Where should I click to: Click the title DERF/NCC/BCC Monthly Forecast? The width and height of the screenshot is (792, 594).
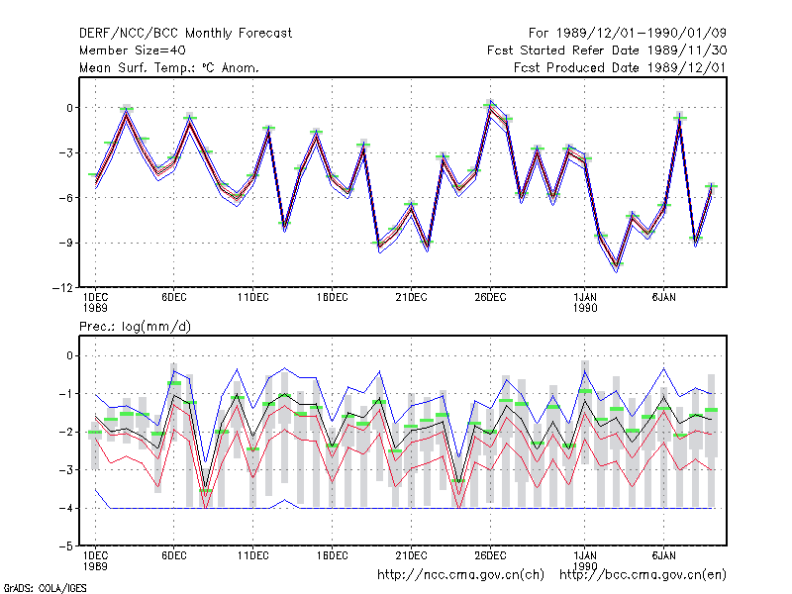tap(185, 34)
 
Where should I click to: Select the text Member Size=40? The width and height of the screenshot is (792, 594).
tap(133, 50)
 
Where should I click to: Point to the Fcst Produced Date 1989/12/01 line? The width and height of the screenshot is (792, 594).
tap(620, 67)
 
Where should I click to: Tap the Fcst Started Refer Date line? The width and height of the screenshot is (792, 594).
tap(607, 50)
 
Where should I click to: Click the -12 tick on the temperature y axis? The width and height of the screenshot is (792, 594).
tap(62, 288)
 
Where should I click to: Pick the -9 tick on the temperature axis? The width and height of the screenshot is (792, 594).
tap(65, 243)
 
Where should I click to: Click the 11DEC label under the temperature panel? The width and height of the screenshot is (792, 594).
tap(253, 298)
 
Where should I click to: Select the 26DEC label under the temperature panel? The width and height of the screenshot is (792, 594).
tap(490, 298)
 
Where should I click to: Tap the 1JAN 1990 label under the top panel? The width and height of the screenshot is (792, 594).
tap(585, 303)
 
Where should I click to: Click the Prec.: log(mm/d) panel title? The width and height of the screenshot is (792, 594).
tap(135, 327)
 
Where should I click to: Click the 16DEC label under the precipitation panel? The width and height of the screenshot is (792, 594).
tap(332, 555)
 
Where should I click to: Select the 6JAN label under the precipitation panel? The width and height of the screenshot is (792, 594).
tap(663, 555)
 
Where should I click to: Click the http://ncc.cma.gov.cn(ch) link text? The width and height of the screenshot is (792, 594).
tap(460, 575)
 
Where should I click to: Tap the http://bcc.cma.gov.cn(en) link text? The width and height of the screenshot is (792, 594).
tap(643, 575)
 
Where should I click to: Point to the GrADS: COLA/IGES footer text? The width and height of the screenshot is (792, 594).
tap(45, 588)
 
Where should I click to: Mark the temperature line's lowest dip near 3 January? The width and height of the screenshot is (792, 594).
tap(616, 266)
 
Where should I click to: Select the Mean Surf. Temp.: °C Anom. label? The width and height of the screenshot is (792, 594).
tap(169, 67)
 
